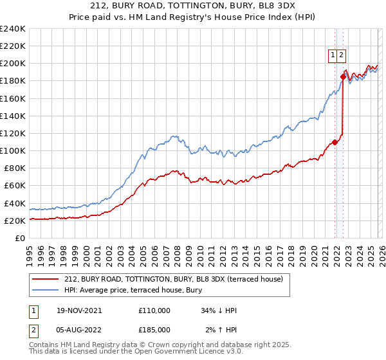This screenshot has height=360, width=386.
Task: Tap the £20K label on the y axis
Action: (x=14, y=221)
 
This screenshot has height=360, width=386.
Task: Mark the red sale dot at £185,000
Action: (x=343, y=77)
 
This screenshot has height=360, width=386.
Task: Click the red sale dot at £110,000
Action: (x=335, y=142)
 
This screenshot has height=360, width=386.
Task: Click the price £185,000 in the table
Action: (x=154, y=330)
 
